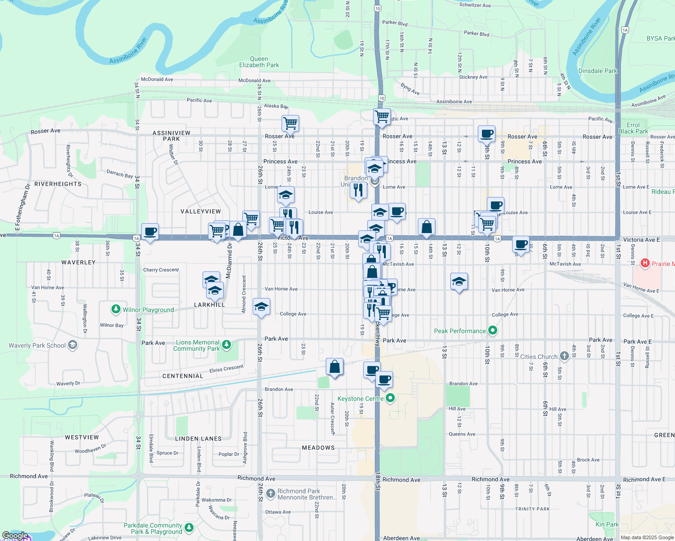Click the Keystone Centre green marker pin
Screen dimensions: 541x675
point(391,398)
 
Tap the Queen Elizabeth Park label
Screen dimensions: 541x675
point(259,62)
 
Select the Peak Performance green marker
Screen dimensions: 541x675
point(493,330)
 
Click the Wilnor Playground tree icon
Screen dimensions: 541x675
point(116,309)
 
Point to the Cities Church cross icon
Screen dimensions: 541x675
point(564,356)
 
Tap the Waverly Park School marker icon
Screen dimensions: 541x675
point(73,345)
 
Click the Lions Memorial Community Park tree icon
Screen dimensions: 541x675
point(227,345)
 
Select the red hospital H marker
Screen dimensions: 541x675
point(645,263)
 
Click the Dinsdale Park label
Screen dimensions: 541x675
point(597,71)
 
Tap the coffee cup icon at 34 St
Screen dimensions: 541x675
point(150,232)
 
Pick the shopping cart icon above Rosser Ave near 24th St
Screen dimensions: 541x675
point(290,123)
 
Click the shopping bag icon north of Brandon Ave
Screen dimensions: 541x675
point(334,367)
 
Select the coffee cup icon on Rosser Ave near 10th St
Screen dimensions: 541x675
point(486,133)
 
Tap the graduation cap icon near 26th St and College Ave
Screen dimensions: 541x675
point(261,307)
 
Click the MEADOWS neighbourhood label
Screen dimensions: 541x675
point(318,448)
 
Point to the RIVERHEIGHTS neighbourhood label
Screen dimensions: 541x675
point(58,184)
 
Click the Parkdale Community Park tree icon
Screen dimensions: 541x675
point(189,527)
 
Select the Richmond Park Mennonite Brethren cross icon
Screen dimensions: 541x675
point(271,494)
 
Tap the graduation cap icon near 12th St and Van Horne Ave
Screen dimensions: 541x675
point(459,282)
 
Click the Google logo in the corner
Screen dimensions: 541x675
point(15,536)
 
